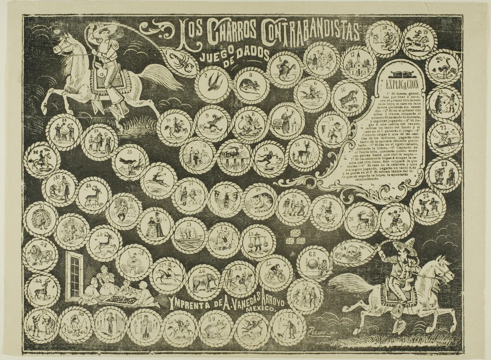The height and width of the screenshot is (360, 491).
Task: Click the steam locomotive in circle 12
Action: point(234,157)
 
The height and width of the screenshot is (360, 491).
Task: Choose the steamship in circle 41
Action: point(189,235)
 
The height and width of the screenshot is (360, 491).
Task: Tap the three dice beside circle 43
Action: point(295,236)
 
